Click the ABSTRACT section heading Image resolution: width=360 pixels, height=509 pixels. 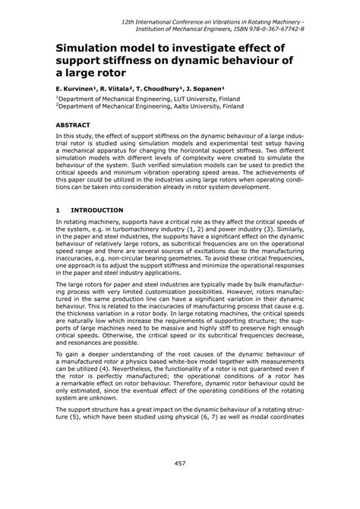(x=74, y=124)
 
